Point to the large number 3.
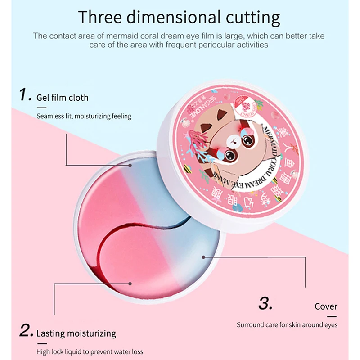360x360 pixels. (265, 304)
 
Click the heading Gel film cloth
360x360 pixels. (63, 98)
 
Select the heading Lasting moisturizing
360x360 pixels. (76, 333)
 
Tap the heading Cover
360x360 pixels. (326, 306)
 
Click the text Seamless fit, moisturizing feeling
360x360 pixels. (84, 116)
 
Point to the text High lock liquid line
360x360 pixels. (90, 351)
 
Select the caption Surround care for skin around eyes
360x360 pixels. (287, 324)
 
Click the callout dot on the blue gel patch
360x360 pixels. (204, 257)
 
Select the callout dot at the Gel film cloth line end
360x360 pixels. (131, 165)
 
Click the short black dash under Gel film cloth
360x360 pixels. (41, 108)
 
